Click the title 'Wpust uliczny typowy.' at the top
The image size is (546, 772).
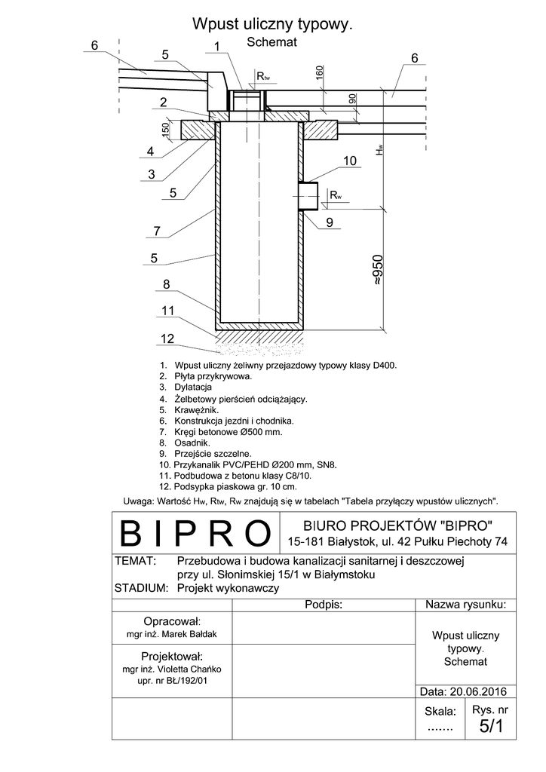tap(273, 25)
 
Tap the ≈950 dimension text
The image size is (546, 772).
tap(379, 268)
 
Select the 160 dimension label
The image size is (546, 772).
tap(320, 73)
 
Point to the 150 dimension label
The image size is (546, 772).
tap(166, 130)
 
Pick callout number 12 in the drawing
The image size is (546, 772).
tap(167, 338)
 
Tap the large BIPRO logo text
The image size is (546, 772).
tap(195, 533)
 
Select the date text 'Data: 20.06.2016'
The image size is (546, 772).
tap(462, 691)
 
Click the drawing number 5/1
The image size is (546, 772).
tap(490, 726)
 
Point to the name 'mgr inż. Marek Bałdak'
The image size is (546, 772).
tap(172, 635)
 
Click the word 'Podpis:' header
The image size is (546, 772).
tap(324, 605)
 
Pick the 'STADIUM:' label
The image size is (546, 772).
tap(140, 589)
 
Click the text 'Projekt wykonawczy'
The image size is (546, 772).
tap(228, 589)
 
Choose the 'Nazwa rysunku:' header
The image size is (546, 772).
tap(465, 605)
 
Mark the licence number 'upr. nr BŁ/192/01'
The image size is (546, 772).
tap(173, 680)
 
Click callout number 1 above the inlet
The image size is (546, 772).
tap(216, 47)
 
